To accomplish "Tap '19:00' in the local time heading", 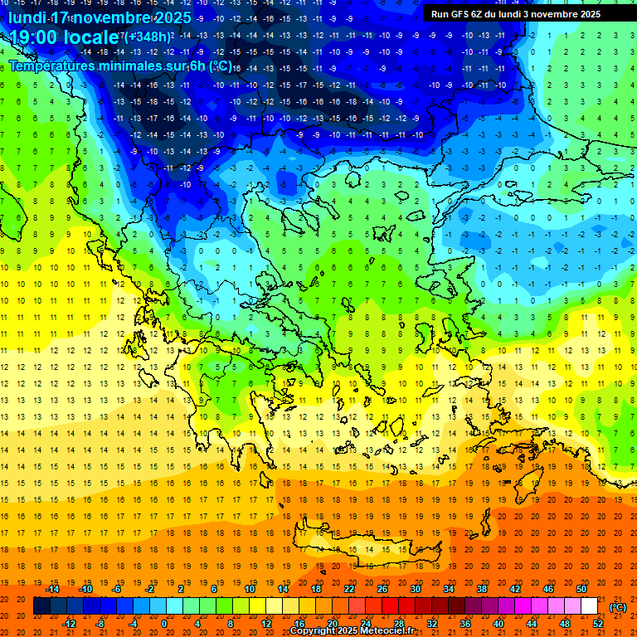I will tap(35, 38).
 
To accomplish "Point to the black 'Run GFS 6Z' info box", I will tap(523, 13).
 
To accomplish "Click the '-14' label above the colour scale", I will tap(53, 589).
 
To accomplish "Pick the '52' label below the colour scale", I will tap(599, 623).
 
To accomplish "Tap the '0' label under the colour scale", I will tap(164, 623).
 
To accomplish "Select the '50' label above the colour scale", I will tap(581, 589).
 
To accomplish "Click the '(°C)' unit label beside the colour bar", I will tap(618, 607).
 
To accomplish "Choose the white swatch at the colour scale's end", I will tap(590, 606).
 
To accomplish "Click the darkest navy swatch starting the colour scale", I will tap(41, 606).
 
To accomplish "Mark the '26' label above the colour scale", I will tap(382, 589).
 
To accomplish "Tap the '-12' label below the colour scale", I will tap(71, 623).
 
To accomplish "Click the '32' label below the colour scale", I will tap(432, 623).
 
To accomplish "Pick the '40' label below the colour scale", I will tap(498, 623).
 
